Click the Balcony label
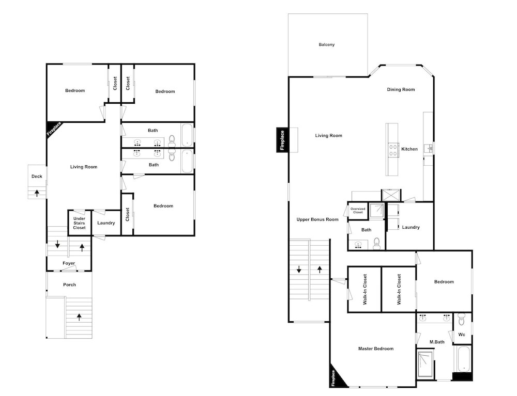coord(326,44)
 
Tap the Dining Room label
coord(401,89)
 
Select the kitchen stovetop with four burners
coord(393,150)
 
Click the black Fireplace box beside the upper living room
coord(282,140)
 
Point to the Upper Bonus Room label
coord(317,219)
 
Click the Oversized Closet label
coord(358,210)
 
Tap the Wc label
coord(462,335)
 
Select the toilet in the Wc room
coord(461,319)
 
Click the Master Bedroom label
coord(376,349)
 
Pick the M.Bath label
coord(437,342)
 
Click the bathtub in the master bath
coord(463,358)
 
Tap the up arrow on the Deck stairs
coord(37,193)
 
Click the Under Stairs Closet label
coord(79,223)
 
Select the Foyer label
coord(69,263)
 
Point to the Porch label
coord(69,284)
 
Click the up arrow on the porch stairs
coord(79,317)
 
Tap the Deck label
coord(37,176)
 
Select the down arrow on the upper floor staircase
coord(299,270)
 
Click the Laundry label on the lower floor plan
coord(106,223)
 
